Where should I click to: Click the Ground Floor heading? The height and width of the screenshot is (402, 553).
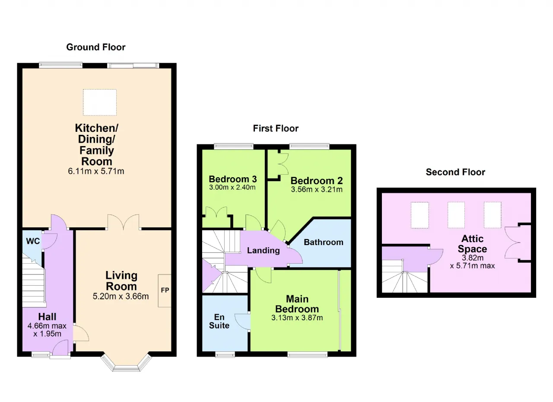(96, 47)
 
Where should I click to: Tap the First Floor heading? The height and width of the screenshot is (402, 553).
(276, 128)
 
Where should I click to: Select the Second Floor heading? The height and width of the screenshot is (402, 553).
(455, 172)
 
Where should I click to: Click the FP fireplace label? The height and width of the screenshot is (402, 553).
(165, 290)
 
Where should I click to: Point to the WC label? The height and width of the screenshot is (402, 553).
(33, 241)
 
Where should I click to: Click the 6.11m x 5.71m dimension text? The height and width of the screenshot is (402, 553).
(96, 171)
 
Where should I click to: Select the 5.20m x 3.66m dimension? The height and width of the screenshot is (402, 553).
(121, 296)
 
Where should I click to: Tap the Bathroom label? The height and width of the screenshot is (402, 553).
(324, 242)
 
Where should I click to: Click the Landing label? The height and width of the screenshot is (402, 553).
(264, 250)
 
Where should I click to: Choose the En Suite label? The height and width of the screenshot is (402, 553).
(219, 321)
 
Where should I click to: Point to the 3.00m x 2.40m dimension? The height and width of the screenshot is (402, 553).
(232, 188)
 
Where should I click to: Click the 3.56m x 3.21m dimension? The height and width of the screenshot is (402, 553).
(317, 189)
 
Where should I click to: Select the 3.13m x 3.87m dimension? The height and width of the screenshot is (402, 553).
(297, 318)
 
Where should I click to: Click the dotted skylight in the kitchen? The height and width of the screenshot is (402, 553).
(100, 102)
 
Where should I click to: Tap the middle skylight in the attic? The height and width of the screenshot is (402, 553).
(456, 215)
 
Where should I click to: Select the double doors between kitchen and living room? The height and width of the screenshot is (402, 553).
(124, 222)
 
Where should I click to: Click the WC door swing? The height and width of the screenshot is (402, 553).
(50, 241)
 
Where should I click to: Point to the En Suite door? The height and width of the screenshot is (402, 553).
(242, 322)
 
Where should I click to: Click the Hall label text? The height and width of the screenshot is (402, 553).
(47, 317)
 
